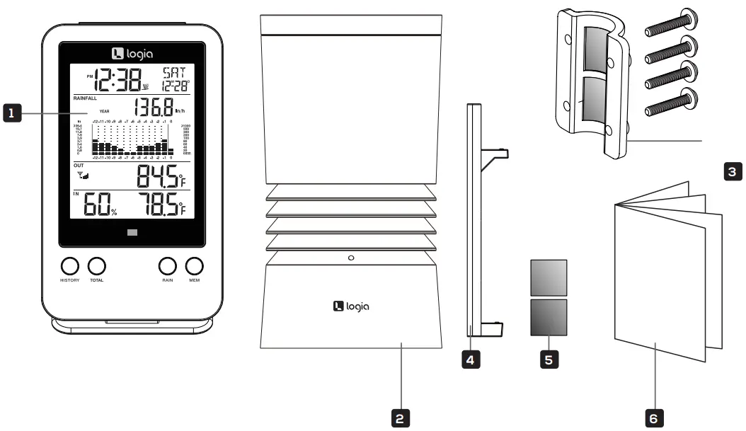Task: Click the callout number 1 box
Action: [11, 112]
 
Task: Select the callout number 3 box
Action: [734, 171]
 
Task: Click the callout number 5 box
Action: [549, 359]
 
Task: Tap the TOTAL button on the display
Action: [97, 266]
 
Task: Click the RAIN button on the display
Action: [167, 266]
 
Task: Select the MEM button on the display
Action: [194, 266]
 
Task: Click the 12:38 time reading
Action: [117, 80]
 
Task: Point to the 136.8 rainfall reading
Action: [154, 108]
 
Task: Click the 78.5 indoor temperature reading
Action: [157, 205]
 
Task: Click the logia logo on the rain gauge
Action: [351, 306]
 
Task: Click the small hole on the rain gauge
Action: [351, 258]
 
